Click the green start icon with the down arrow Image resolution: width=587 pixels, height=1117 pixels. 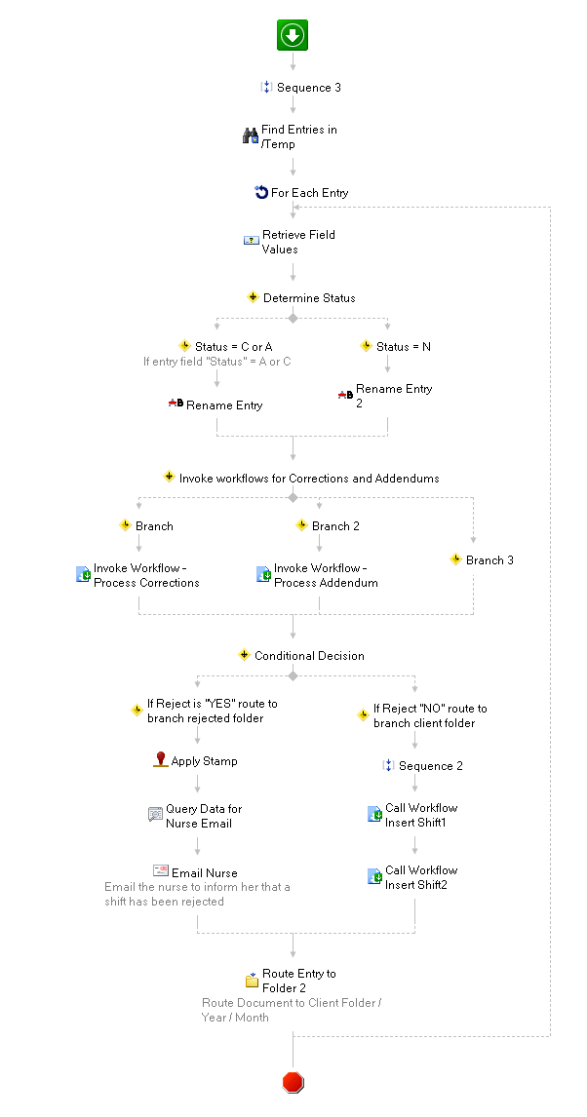[293, 35]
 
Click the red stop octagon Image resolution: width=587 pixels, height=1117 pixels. [293, 1083]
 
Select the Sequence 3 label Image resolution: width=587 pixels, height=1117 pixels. [308, 88]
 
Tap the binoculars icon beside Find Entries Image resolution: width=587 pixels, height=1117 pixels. [251, 136]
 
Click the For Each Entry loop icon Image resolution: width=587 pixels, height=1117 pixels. [261, 192]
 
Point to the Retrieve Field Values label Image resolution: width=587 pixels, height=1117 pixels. [298, 242]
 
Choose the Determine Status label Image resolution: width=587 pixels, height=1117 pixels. [309, 298]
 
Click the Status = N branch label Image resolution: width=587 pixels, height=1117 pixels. [404, 347]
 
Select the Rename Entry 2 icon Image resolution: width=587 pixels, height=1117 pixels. [345, 395]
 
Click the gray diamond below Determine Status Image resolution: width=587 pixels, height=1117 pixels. [293, 318]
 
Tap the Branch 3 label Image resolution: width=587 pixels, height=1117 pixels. [489, 559]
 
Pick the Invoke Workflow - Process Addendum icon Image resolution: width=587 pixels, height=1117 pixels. [263, 574]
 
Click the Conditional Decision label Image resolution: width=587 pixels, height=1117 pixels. [309, 655]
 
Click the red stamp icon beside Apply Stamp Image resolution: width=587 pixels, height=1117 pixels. [161, 760]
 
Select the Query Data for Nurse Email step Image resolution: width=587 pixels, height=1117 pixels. [195, 816]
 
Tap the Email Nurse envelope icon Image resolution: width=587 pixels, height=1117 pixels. [160, 870]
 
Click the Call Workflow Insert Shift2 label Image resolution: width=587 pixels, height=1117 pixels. [421, 877]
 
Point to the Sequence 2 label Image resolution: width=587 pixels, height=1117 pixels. [430, 766]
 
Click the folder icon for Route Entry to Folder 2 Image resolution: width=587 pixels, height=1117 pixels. [253, 980]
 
